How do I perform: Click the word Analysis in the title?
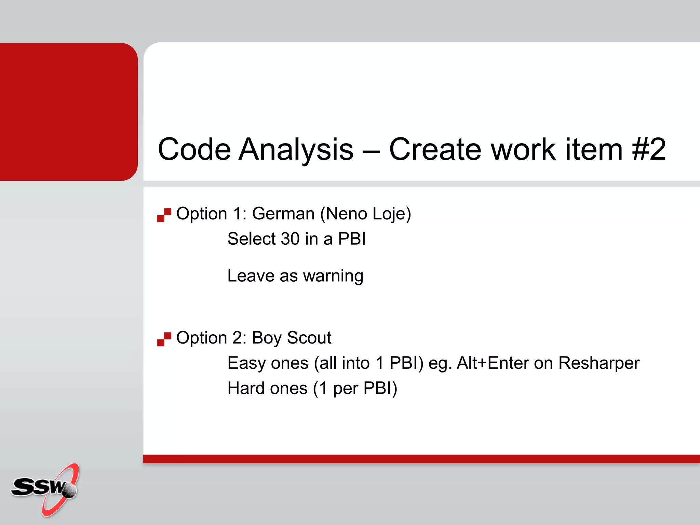click(296, 149)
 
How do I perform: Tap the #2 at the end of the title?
click(649, 149)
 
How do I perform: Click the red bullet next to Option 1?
click(164, 215)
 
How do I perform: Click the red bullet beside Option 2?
click(164, 339)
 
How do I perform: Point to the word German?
click(283, 214)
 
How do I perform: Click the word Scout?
click(309, 338)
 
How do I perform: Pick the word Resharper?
click(598, 363)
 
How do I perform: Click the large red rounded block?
click(68, 112)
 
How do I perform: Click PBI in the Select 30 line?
click(352, 239)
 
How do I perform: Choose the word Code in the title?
click(194, 149)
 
